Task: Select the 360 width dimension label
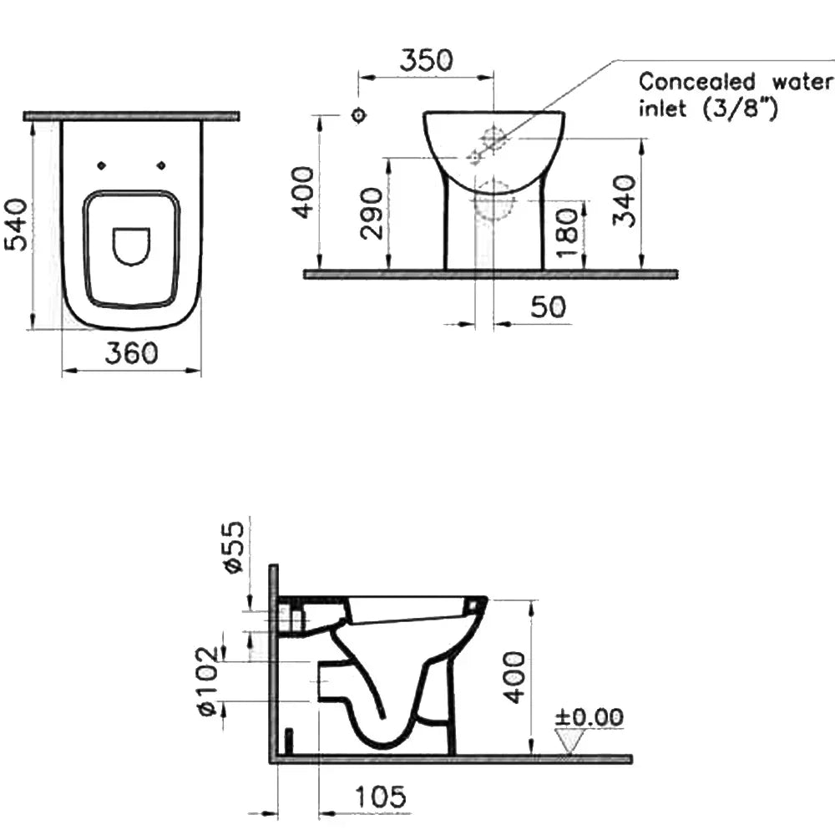tap(131, 354)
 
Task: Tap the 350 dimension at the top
tap(426, 61)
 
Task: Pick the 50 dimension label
tap(548, 307)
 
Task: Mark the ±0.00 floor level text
tap(590, 716)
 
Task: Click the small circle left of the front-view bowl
tap(359, 115)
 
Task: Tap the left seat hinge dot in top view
tap(102, 165)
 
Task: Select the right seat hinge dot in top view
tap(161, 165)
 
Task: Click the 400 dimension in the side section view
tap(514, 676)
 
